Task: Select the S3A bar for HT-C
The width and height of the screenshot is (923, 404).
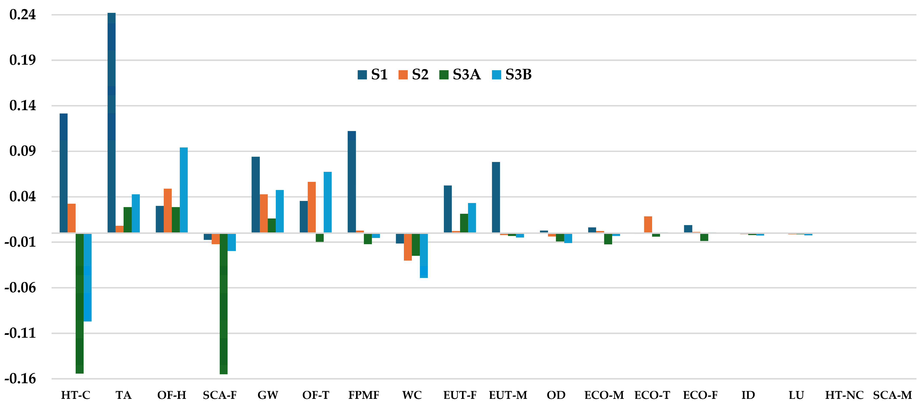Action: tap(80, 303)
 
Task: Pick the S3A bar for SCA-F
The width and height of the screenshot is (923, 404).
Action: tap(224, 304)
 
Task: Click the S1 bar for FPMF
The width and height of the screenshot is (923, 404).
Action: tap(352, 182)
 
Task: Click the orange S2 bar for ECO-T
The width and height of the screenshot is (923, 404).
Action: tap(648, 224)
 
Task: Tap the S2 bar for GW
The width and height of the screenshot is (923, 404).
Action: tap(264, 213)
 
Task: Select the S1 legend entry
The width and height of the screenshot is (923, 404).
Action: tap(373, 74)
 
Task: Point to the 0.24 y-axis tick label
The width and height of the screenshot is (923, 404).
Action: tap(23, 15)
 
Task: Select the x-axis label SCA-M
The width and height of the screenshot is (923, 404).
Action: tap(892, 395)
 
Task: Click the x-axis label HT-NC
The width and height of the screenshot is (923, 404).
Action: tap(844, 395)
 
